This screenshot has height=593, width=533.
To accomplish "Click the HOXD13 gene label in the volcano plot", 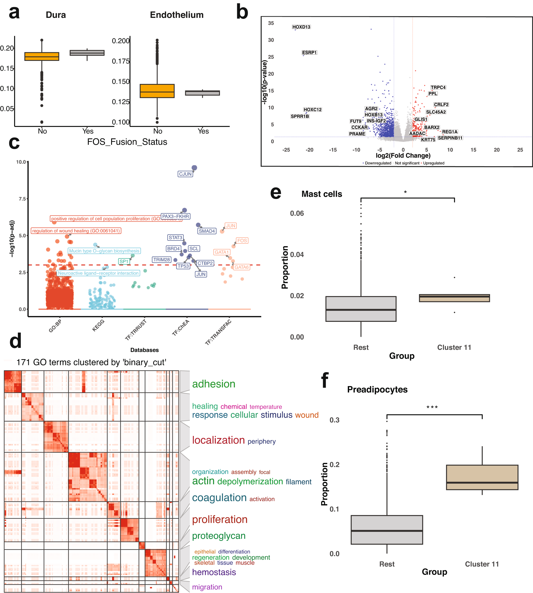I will pyautogui.click(x=301, y=27).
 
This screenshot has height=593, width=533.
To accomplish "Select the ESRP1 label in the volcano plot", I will pyautogui.click(x=309, y=53).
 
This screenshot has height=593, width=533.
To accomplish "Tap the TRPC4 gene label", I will pyautogui.click(x=438, y=87).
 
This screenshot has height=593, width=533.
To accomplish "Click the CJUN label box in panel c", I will pyautogui.click(x=185, y=174).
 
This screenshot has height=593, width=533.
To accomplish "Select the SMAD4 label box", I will pyautogui.click(x=207, y=231).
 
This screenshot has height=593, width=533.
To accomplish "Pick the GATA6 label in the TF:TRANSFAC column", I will pyautogui.click(x=241, y=267).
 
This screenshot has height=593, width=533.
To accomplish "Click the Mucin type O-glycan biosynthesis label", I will pyautogui.click(x=104, y=251).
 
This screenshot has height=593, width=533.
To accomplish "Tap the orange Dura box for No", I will pyautogui.click(x=42, y=56).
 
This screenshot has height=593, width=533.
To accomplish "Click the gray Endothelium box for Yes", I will pyautogui.click(x=202, y=93).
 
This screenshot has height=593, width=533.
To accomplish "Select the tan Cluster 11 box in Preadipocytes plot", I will pyautogui.click(x=482, y=477).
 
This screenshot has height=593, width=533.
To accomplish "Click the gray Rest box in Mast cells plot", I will pyautogui.click(x=361, y=309).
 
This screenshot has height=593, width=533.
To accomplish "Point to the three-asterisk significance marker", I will pyautogui.click(x=432, y=407).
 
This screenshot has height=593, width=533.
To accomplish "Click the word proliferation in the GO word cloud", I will pyautogui.click(x=220, y=519).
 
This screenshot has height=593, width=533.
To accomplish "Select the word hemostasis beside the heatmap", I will pyautogui.click(x=214, y=572).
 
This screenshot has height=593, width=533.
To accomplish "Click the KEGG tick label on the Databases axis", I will pyautogui.click(x=98, y=325).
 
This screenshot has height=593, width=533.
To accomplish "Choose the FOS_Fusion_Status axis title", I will pyautogui.click(x=127, y=142).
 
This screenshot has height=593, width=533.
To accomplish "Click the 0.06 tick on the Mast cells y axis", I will pyautogui.click(x=297, y=213).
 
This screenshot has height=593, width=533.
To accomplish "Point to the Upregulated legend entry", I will pyautogui.click(x=433, y=163).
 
